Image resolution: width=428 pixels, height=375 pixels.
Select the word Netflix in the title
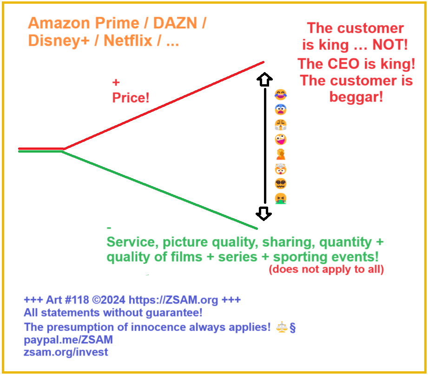coord(128,40)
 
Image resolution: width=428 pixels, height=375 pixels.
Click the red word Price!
coord(131,98)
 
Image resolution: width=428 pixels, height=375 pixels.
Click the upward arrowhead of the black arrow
coord(264,80)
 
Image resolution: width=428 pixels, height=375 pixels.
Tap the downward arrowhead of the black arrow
coord(264,214)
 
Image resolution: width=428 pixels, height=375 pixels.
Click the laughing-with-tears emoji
coord(280,95)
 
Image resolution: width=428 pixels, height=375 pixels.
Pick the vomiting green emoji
coord(280,199)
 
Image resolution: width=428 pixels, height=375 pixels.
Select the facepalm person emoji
coord(280,154)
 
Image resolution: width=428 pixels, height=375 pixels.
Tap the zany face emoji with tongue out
coord(280,139)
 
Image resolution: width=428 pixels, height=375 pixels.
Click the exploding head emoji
coord(280,169)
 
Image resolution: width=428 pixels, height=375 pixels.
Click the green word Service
coord(130,242)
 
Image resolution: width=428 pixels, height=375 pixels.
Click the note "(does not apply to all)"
coord(326,269)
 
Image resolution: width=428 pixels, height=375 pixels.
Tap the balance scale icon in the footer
coord(282,327)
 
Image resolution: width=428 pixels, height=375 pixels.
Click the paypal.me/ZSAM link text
coord(68,340)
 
